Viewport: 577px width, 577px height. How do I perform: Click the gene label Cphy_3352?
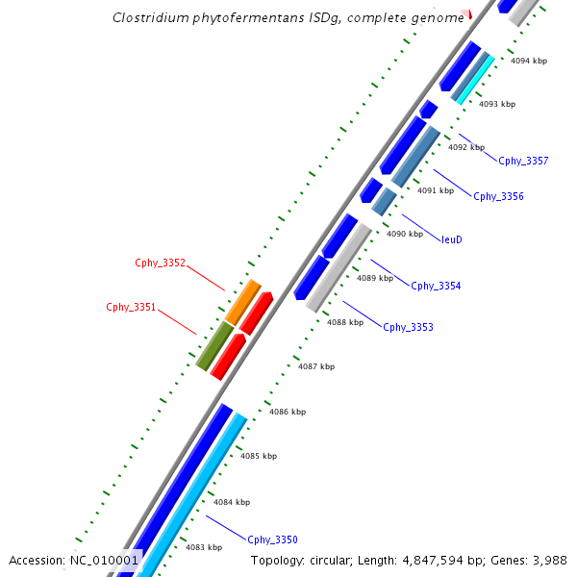tap(160, 263)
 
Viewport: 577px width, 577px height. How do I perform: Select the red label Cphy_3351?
tap(131, 308)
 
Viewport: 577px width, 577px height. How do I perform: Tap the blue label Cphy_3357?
tap(523, 161)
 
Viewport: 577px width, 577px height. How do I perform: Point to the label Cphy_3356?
tap(498, 196)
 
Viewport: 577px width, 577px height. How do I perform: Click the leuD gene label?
tap(452, 239)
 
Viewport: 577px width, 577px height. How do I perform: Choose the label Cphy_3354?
tap(436, 286)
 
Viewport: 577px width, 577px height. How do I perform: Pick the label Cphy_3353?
tap(408, 327)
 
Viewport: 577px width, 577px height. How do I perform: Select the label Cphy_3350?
tap(272, 539)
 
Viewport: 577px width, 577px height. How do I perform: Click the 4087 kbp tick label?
tap(316, 366)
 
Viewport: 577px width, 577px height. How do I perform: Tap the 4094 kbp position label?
tap(529, 61)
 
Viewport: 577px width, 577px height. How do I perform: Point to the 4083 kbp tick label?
tap(204, 547)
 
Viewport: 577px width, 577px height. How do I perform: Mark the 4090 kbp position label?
tap(405, 234)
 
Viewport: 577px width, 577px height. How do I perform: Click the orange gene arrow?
tap(243, 302)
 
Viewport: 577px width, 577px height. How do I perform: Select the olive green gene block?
tap(214, 346)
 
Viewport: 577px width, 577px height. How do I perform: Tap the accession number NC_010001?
tap(105, 560)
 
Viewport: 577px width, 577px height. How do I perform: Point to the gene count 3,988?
tap(548, 560)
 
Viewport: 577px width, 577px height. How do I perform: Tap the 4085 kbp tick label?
tap(259, 456)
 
